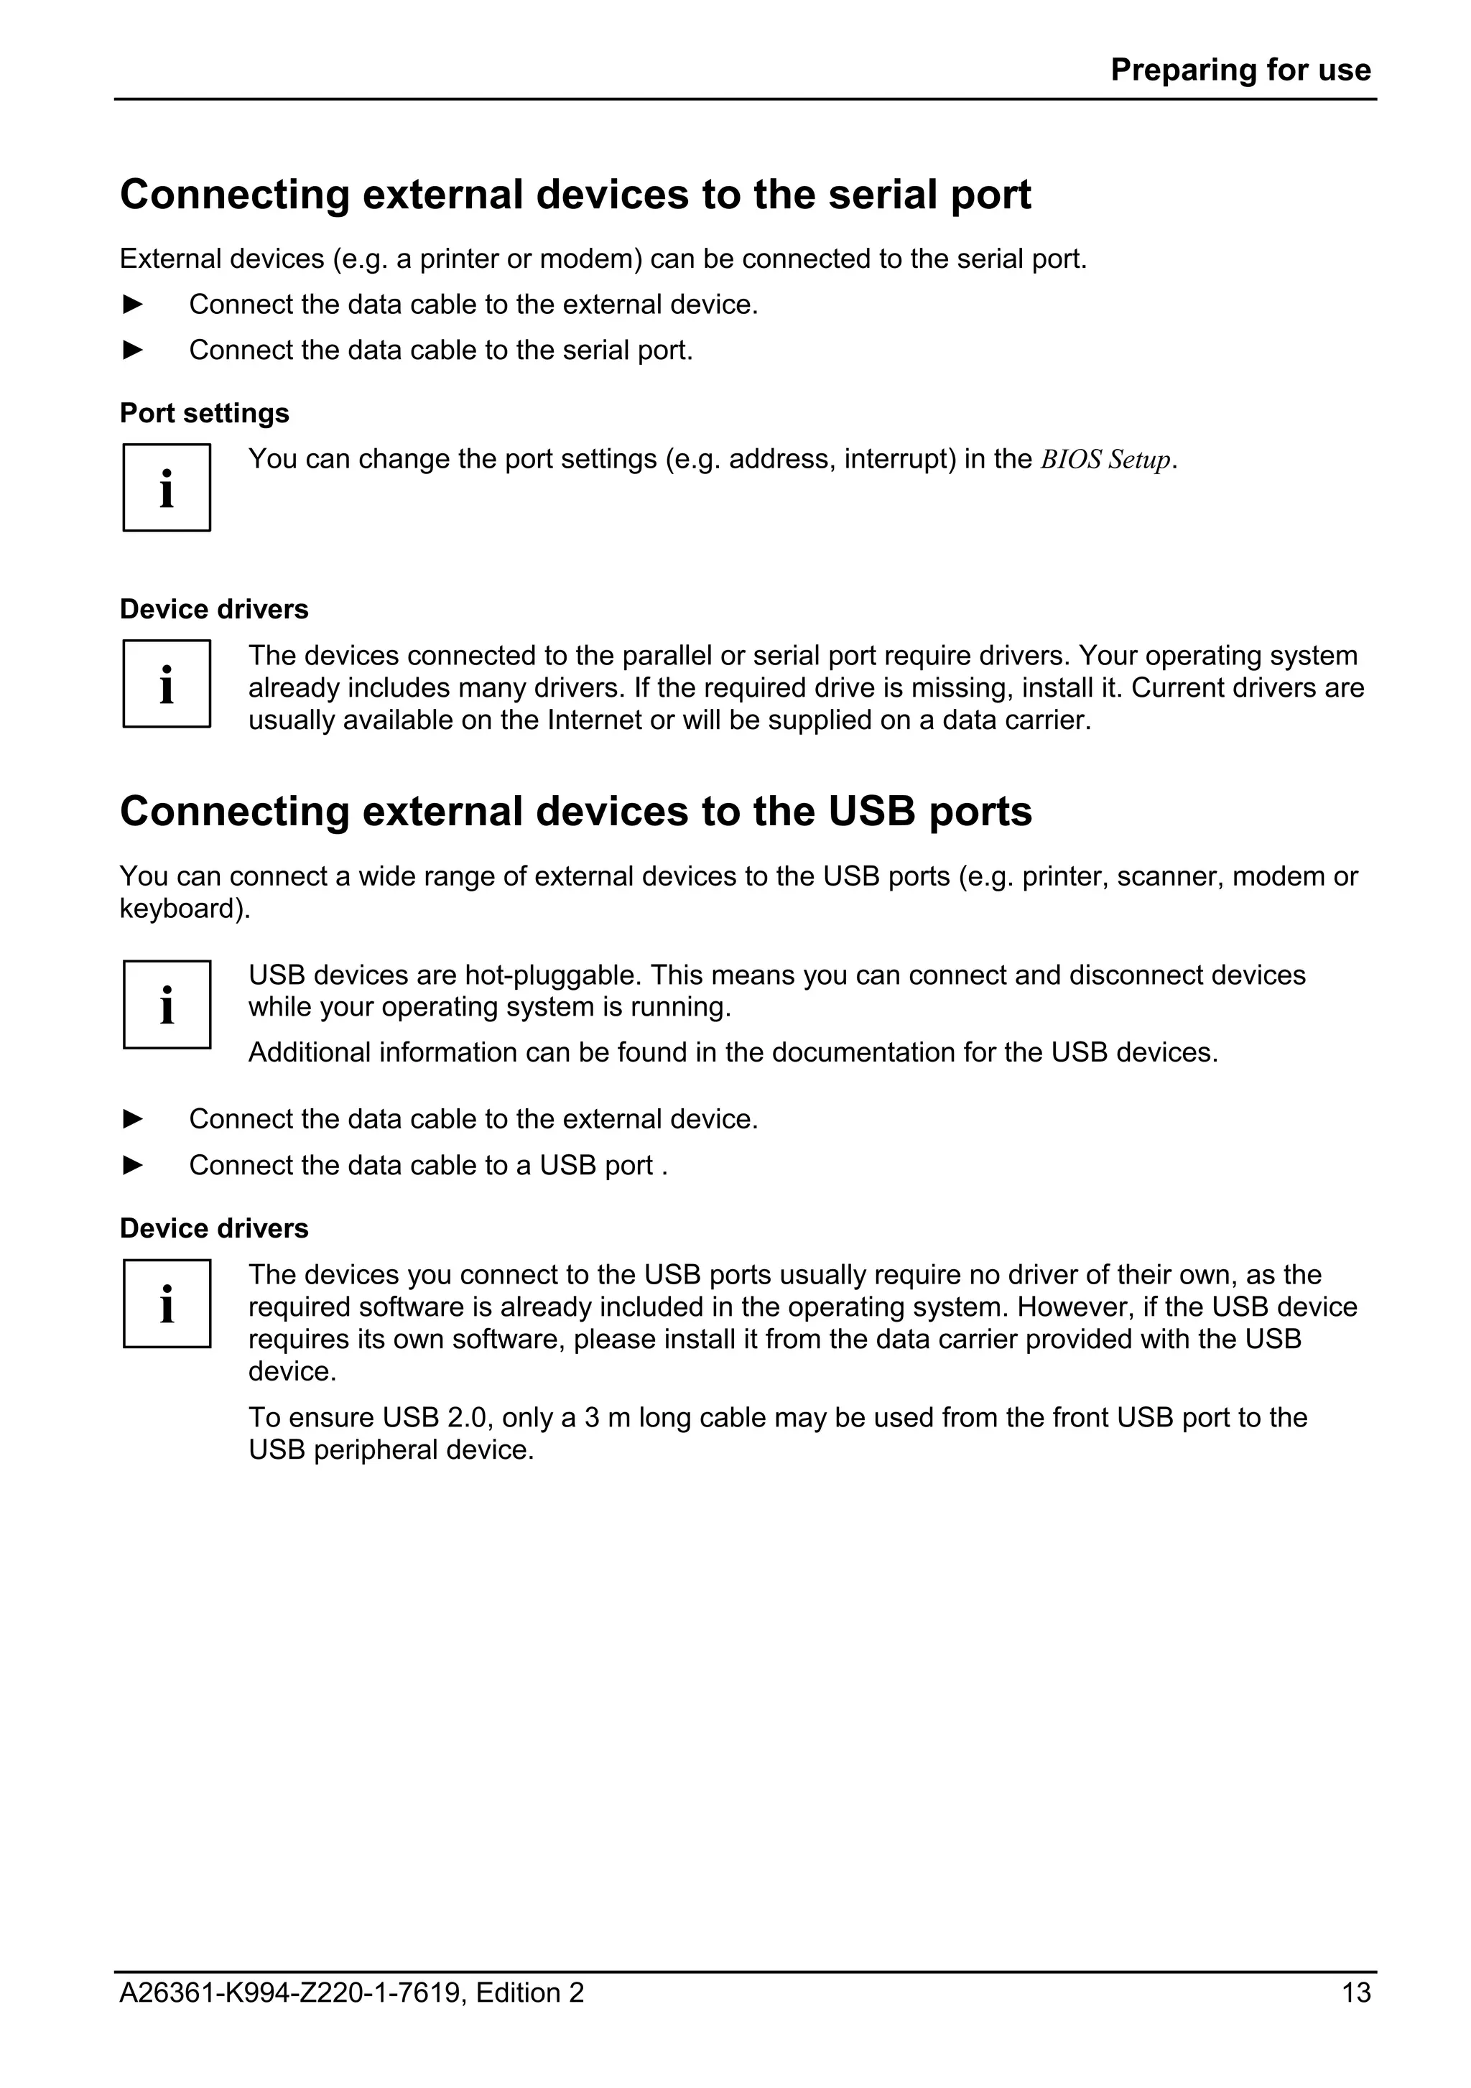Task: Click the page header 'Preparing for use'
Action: click(x=1239, y=70)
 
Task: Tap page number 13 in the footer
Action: click(x=1355, y=1992)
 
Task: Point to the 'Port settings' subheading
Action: click(x=205, y=413)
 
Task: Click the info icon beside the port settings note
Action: click(x=167, y=488)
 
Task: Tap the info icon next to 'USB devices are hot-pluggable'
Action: click(x=167, y=1004)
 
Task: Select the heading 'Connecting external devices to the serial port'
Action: click(x=575, y=195)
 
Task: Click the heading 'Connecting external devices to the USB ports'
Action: click(x=575, y=811)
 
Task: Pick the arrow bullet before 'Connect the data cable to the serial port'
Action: click(x=133, y=350)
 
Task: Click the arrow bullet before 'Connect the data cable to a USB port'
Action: click(x=133, y=1165)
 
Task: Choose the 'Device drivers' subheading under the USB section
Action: click(x=213, y=1229)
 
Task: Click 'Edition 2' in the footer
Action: click(x=529, y=1992)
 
